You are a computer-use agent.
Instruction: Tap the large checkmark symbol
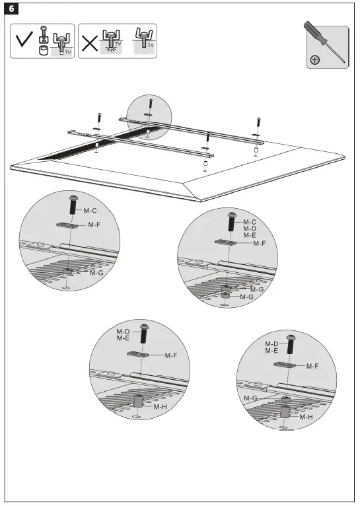coord(25,42)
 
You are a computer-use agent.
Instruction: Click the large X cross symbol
coord(90,42)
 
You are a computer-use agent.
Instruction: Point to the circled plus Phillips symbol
coord(315,60)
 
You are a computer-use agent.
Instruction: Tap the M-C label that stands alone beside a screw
coord(90,211)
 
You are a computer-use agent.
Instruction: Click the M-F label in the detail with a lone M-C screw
coord(94,225)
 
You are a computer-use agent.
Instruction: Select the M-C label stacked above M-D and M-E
coord(249,222)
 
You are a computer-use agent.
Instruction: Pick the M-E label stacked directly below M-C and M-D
coord(249,235)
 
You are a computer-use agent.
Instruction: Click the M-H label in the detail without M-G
coord(160,407)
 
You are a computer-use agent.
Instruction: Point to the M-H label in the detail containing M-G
coord(305,417)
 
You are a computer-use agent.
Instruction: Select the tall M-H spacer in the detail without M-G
coord(139,401)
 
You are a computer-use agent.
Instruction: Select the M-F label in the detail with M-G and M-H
coord(312,365)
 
